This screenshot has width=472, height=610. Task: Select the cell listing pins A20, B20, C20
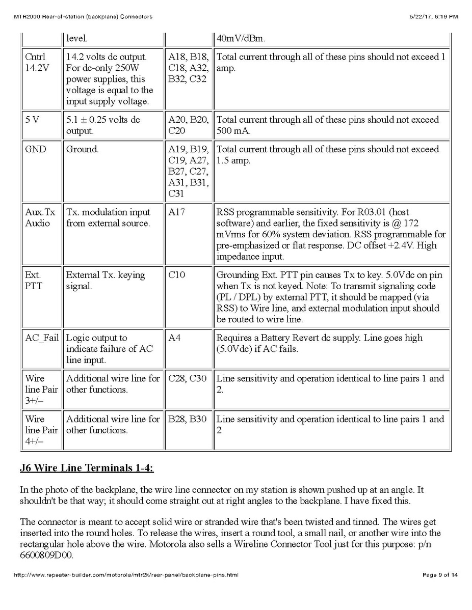pyautogui.click(x=188, y=125)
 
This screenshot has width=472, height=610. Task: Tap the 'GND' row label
pyautogui.click(x=35, y=149)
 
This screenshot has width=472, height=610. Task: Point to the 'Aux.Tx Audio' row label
pyautogui.click(x=38, y=217)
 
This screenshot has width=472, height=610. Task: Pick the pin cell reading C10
pyautogui.click(x=177, y=275)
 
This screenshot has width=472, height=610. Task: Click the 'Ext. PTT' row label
pyautogui.click(x=34, y=281)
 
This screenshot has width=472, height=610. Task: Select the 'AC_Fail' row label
pyautogui.click(x=42, y=338)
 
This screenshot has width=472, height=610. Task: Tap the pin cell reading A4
pyautogui.click(x=174, y=338)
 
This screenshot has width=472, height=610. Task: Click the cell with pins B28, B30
pyautogui.click(x=188, y=419)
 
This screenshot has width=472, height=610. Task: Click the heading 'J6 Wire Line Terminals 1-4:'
pyautogui.click(x=87, y=468)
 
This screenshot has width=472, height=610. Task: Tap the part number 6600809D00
pyautogui.click(x=46, y=555)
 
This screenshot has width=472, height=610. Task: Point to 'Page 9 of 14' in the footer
pyautogui.click(x=440, y=575)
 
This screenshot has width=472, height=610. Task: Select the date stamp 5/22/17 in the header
pyautogui.click(x=421, y=17)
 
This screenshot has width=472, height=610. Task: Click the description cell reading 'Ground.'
pyautogui.click(x=82, y=149)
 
